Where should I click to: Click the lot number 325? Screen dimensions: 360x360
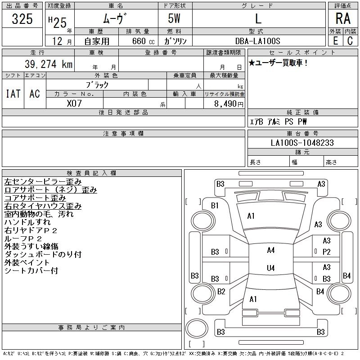[22, 19]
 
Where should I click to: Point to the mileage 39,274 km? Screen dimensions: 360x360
[45, 64]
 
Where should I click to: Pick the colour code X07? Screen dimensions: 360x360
[75, 103]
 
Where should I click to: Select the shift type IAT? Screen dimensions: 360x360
[13, 94]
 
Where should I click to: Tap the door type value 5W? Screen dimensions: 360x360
[175, 19]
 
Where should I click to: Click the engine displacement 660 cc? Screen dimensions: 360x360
[137, 41]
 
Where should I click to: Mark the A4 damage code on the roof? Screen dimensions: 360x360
[270, 250]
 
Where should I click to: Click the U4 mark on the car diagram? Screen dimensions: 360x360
[270, 268]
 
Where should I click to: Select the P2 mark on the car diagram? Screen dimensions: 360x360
[327, 252]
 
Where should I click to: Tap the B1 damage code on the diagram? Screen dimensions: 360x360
[215, 206]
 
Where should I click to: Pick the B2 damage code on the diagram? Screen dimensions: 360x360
[221, 292]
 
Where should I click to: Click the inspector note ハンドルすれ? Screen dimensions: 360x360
[27, 222]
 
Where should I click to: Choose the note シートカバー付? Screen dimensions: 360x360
[31, 271]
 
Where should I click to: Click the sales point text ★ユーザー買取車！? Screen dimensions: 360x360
[279, 63]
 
